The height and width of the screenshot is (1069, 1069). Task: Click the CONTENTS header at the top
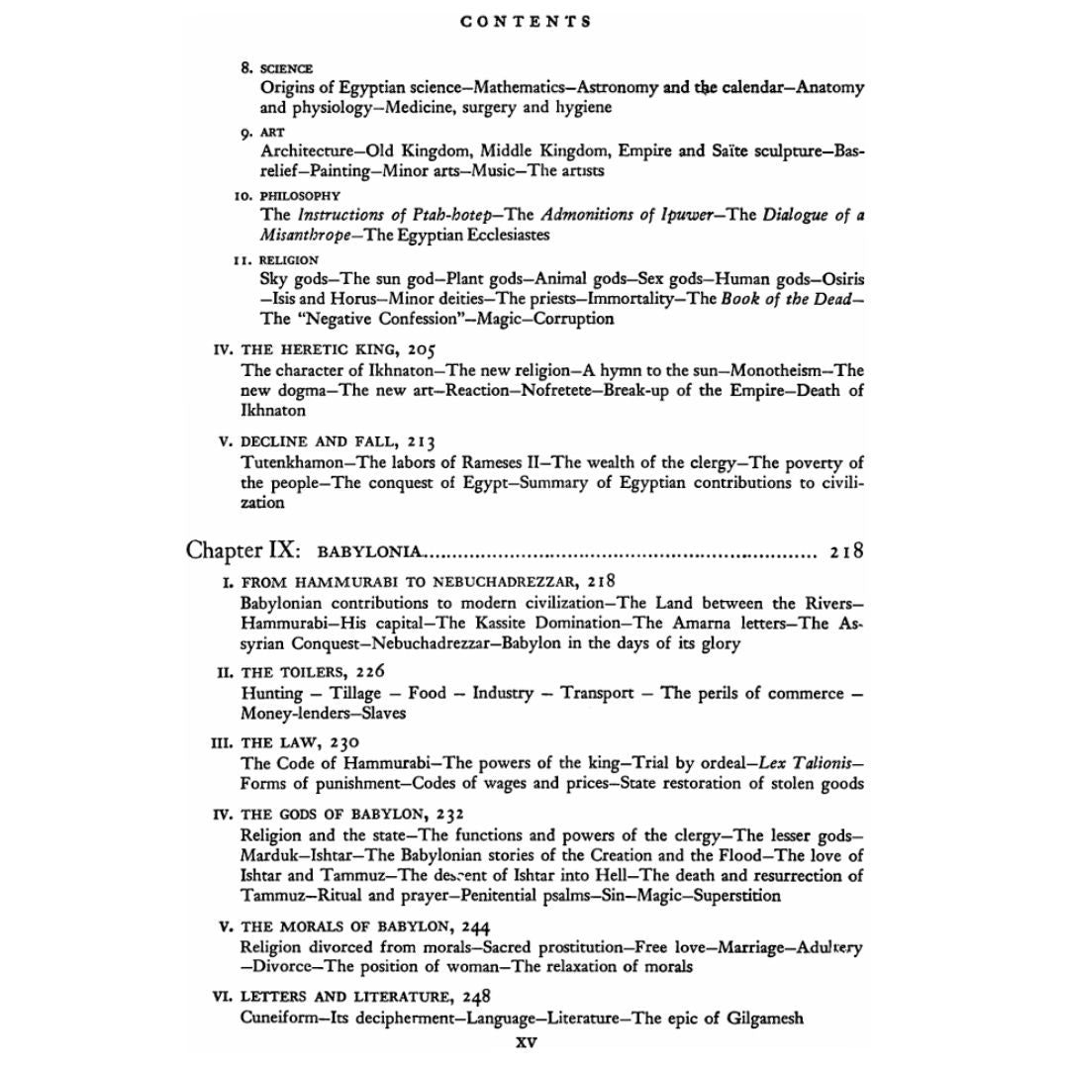click(x=527, y=21)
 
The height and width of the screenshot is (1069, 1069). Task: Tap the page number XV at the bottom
click(x=527, y=1041)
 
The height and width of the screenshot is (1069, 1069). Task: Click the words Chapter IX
click(x=243, y=550)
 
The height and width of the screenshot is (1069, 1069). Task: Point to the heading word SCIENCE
click(x=287, y=68)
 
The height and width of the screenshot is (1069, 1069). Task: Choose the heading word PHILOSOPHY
click(x=301, y=196)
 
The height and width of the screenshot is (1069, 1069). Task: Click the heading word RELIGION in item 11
click(x=290, y=260)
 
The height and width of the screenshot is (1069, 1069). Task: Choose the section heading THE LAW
click(x=278, y=742)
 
